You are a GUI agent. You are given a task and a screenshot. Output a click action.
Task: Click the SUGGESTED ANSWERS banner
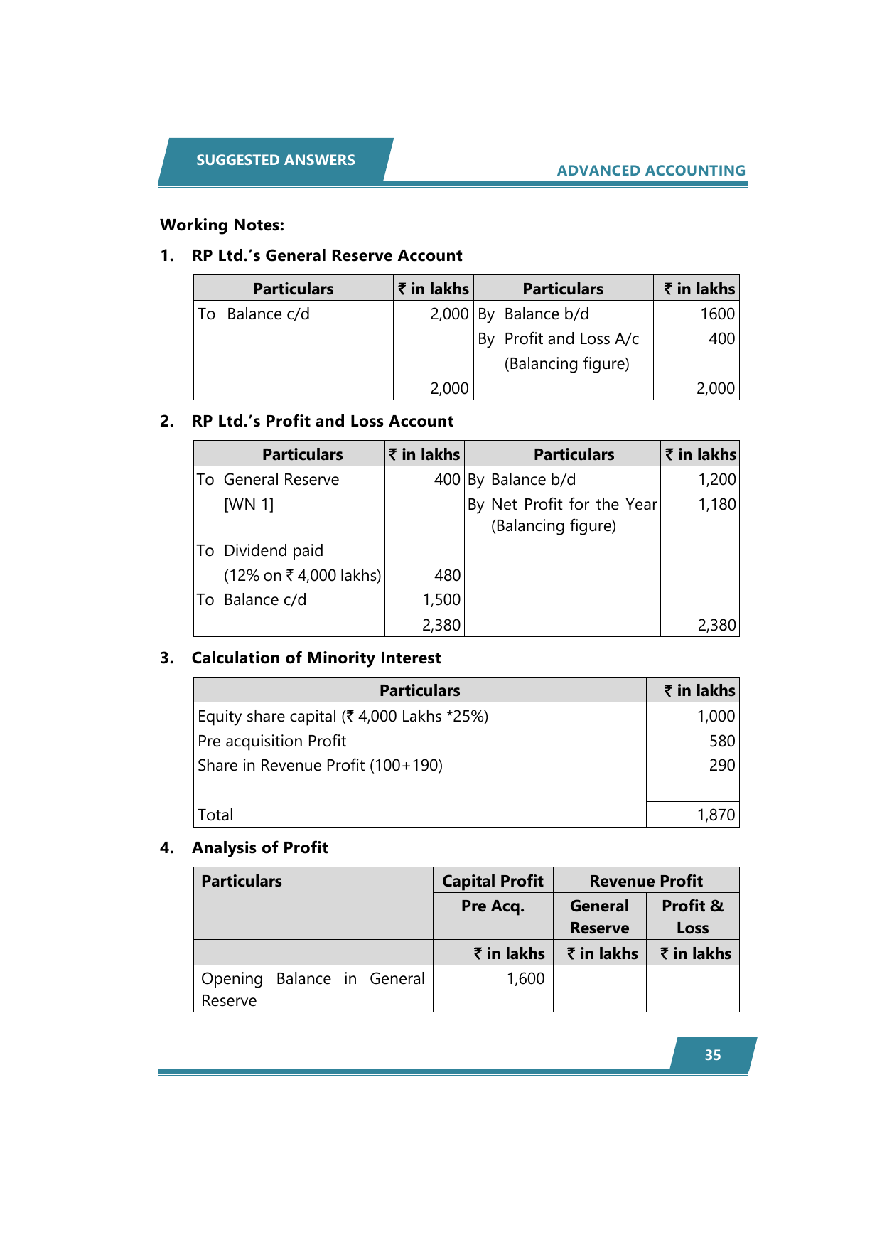tap(275, 160)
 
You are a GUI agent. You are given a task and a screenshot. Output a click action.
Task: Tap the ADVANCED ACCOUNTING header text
tap(650, 171)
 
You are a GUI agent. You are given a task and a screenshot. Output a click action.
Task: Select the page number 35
tap(712, 1055)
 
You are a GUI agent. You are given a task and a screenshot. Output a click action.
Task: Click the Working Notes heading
tap(222, 225)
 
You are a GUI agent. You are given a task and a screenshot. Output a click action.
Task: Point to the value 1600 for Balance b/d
tap(717, 314)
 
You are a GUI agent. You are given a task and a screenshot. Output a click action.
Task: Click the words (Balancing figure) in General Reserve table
tap(566, 363)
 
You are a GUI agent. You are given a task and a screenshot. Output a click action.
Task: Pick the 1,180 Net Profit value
tap(716, 504)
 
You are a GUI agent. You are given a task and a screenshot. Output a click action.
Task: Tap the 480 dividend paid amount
tap(447, 575)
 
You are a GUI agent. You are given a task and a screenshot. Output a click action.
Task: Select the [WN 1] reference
tap(249, 504)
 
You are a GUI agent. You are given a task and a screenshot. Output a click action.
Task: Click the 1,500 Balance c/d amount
tap(441, 599)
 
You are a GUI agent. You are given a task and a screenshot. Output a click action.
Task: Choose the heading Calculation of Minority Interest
tap(316, 658)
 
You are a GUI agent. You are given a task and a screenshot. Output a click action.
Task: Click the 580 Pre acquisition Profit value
tap(721, 741)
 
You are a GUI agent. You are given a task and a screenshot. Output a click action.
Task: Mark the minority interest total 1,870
tap(716, 815)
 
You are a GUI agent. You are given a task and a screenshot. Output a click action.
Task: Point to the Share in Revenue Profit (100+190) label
tap(320, 765)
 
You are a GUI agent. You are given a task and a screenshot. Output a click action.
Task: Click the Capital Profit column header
tap(493, 881)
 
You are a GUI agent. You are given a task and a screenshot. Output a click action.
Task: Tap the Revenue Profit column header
tap(645, 881)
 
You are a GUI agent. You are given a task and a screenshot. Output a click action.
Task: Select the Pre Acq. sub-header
tap(493, 906)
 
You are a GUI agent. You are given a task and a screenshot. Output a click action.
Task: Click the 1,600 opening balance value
tap(525, 978)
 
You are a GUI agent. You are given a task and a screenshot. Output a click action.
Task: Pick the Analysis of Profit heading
tap(259, 847)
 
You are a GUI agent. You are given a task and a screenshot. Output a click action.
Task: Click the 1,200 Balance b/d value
tap(716, 479)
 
